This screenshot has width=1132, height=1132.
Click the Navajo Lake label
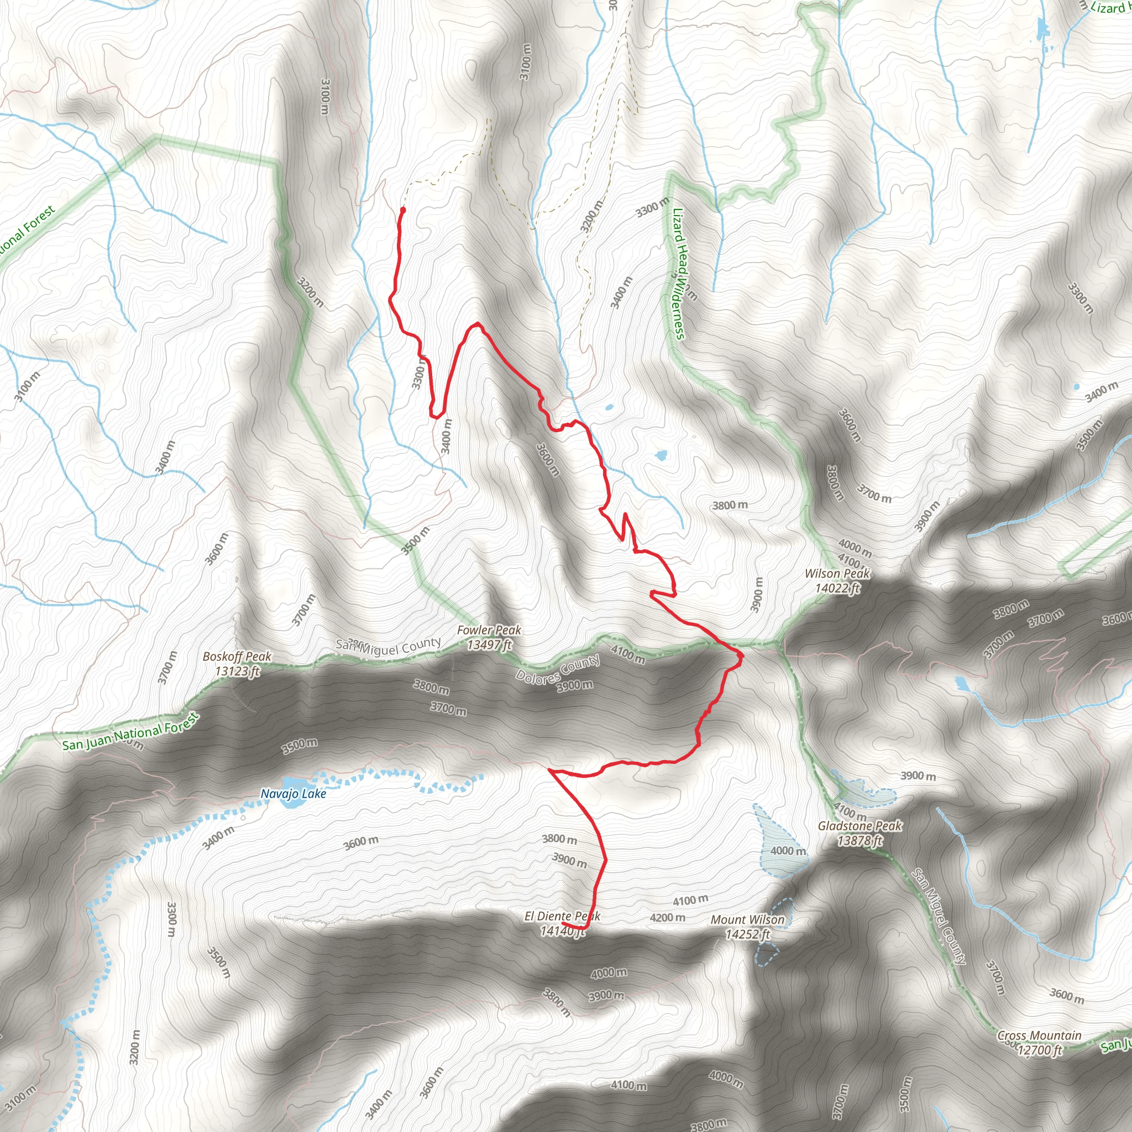coord(293,794)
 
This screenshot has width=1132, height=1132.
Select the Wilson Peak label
coord(837,574)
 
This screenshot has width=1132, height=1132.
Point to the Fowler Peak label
coord(489,630)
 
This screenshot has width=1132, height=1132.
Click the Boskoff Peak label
coord(237,656)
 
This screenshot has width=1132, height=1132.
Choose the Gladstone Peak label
coord(860,826)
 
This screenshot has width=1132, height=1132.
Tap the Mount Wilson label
coord(747,920)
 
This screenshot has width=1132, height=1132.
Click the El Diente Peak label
coord(562,916)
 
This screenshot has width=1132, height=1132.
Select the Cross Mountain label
coord(1039,1035)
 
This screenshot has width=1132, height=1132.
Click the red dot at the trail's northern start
coord(403,209)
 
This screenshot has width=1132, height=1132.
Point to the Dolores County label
coord(558,669)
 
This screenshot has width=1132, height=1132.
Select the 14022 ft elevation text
coord(837,588)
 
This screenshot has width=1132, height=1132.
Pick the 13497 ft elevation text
coord(489,644)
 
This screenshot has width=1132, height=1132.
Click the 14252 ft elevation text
coord(747,935)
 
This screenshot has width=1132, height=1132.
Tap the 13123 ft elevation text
coord(237,671)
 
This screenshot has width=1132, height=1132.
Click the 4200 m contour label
coord(667,918)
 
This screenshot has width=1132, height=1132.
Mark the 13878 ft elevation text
coord(860,841)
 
